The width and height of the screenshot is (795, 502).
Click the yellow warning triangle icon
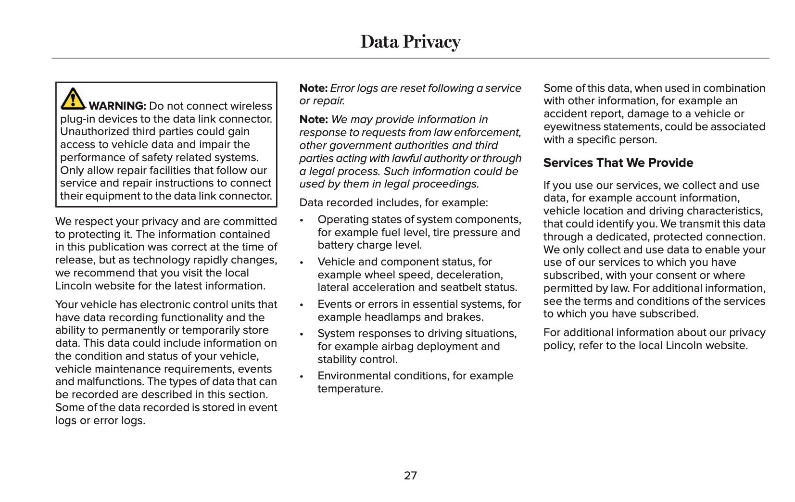pos(73,98)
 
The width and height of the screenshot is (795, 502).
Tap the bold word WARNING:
pos(117,106)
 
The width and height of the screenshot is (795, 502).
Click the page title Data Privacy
pos(410,42)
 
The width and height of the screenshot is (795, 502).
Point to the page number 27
pos(410,476)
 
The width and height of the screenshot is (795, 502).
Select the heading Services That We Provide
pos(618,163)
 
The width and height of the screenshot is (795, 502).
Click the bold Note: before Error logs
pos(313,88)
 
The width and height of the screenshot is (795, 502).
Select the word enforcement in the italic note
pos(492,133)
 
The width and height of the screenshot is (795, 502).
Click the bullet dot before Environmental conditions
pos(302,376)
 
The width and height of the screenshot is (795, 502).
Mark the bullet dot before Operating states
pos(302,220)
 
